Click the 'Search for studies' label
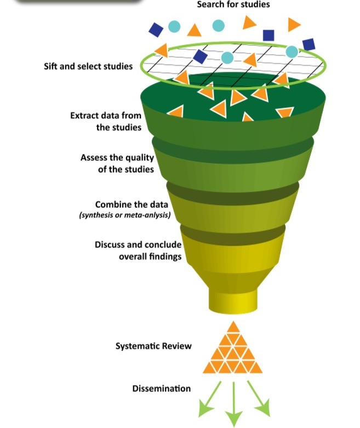pyautogui.click(x=233, y=5)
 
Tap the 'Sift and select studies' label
pyautogui.click(x=88, y=66)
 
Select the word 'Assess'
pyautogui.click(x=94, y=157)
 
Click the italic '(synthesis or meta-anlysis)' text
pyautogui.click(x=125, y=215)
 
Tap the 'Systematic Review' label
pyautogui.click(x=153, y=346)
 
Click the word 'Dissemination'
pyautogui.click(x=162, y=389)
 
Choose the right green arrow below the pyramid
pyautogui.click(x=260, y=401)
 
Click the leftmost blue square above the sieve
pyautogui.click(x=156, y=28)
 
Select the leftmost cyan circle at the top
pyautogui.click(x=174, y=26)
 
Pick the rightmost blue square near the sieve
pyautogui.click(x=308, y=44)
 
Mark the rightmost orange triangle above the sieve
pyautogui.click(x=294, y=24)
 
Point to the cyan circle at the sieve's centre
pyautogui.click(x=227, y=57)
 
